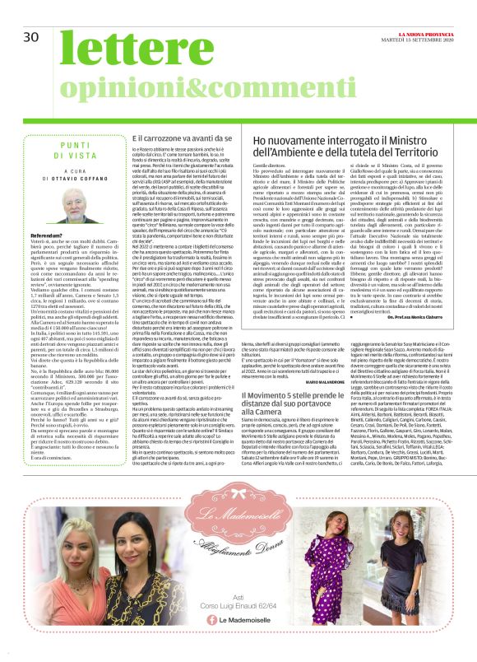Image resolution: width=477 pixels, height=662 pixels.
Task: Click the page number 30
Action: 31,37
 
